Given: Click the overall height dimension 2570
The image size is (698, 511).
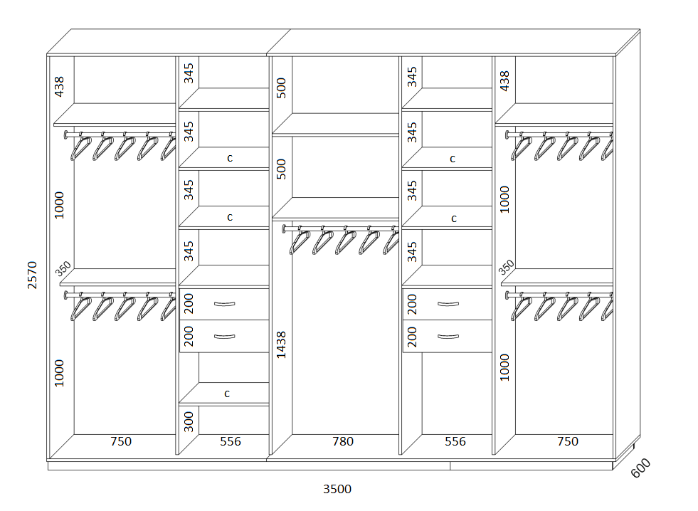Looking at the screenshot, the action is [32, 275].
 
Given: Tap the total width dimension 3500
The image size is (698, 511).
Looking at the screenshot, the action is [337, 489].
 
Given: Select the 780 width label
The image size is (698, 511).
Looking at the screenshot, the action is [343, 441].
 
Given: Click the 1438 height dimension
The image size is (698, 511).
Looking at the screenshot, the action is [281, 344].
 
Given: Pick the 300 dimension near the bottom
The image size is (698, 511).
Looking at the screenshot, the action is [189, 421].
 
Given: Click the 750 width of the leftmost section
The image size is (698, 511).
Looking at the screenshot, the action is [121, 441].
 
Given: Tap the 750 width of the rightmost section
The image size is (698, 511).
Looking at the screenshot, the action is [568, 441].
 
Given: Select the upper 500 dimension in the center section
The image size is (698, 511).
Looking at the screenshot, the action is [281, 88].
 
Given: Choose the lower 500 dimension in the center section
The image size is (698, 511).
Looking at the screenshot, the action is [281, 169].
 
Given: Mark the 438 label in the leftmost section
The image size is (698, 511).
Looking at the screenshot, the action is [59, 86].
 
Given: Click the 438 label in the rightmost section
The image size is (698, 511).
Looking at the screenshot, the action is [504, 81].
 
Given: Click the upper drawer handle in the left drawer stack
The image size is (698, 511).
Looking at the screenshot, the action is [224, 304].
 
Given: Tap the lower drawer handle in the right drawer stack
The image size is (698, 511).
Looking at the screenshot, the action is [448, 337].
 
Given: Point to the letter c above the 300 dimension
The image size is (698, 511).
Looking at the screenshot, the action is [227, 394].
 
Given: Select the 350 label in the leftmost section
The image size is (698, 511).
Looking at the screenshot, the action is [63, 268].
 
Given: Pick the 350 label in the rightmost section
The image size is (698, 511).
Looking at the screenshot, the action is [506, 267].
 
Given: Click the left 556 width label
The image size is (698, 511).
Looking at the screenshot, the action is [230, 441].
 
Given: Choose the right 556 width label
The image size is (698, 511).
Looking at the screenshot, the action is [455, 441].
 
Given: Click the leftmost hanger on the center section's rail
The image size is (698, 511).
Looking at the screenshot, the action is [300, 242].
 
